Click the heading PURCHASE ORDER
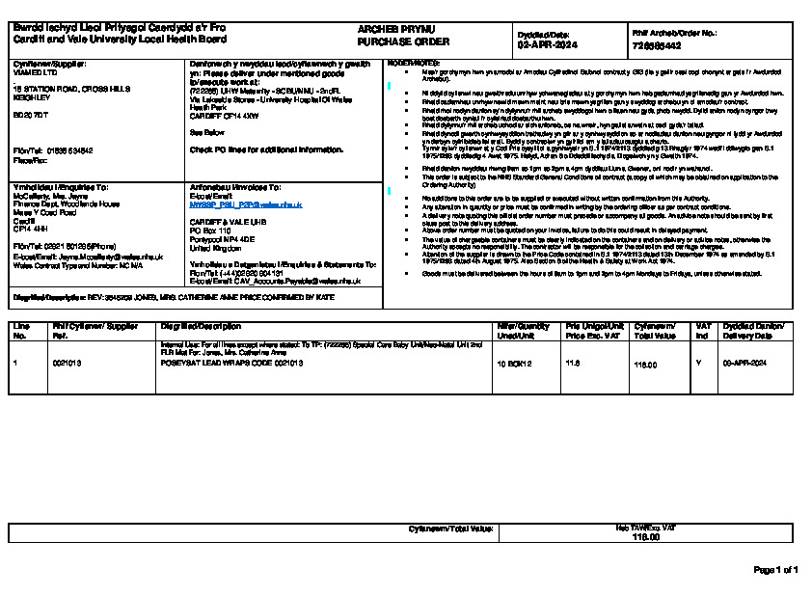[x=391, y=42]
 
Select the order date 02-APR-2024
[x=548, y=44]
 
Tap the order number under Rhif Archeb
[x=657, y=45]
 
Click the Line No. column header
[x=20, y=331]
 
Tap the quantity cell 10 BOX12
[x=513, y=365]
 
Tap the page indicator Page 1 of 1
[x=775, y=570]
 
